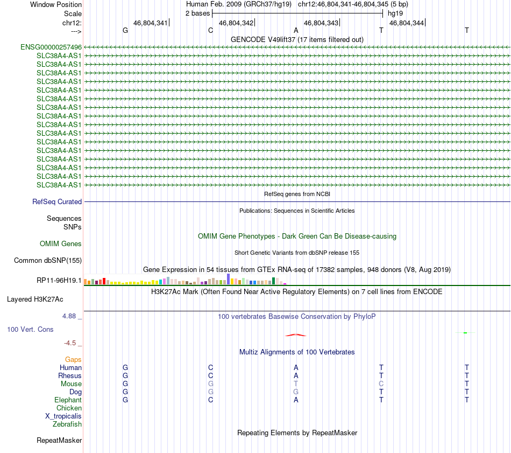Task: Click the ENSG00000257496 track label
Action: (x=51, y=47)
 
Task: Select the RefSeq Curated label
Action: (x=57, y=202)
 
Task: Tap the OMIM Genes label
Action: (x=61, y=244)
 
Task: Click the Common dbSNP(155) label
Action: (x=47, y=261)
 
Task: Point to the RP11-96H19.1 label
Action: (x=59, y=281)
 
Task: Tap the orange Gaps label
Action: (x=73, y=359)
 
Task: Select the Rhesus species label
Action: (x=70, y=375)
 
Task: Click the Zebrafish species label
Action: (x=67, y=424)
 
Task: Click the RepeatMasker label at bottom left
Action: (x=59, y=441)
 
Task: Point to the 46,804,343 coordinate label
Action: (x=321, y=23)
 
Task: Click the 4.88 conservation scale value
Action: (x=72, y=316)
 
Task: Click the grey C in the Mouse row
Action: (x=381, y=384)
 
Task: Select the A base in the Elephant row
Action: (x=296, y=400)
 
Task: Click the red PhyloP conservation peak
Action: (x=296, y=334)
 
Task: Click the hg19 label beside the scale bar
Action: (x=395, y=13)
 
